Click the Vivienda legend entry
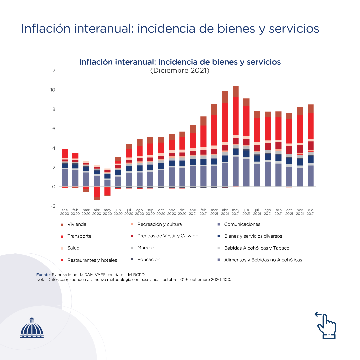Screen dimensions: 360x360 pos(77,224)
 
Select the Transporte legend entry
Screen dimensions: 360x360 pos(79,236)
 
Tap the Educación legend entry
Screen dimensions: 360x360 pos(149,259)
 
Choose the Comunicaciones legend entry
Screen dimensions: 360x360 pos(242,224)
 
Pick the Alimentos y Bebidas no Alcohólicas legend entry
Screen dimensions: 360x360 pos(263,260)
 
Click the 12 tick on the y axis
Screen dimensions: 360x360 pos(53,70)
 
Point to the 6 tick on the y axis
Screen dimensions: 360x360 pos(54,129)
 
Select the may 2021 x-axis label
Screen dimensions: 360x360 pos(236,212)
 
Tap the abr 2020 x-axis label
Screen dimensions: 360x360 pos(97,212)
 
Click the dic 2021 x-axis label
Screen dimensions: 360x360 pos(310,212)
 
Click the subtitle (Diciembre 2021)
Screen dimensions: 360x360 pos(180,71)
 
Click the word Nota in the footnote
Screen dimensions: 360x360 pos(41,280)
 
